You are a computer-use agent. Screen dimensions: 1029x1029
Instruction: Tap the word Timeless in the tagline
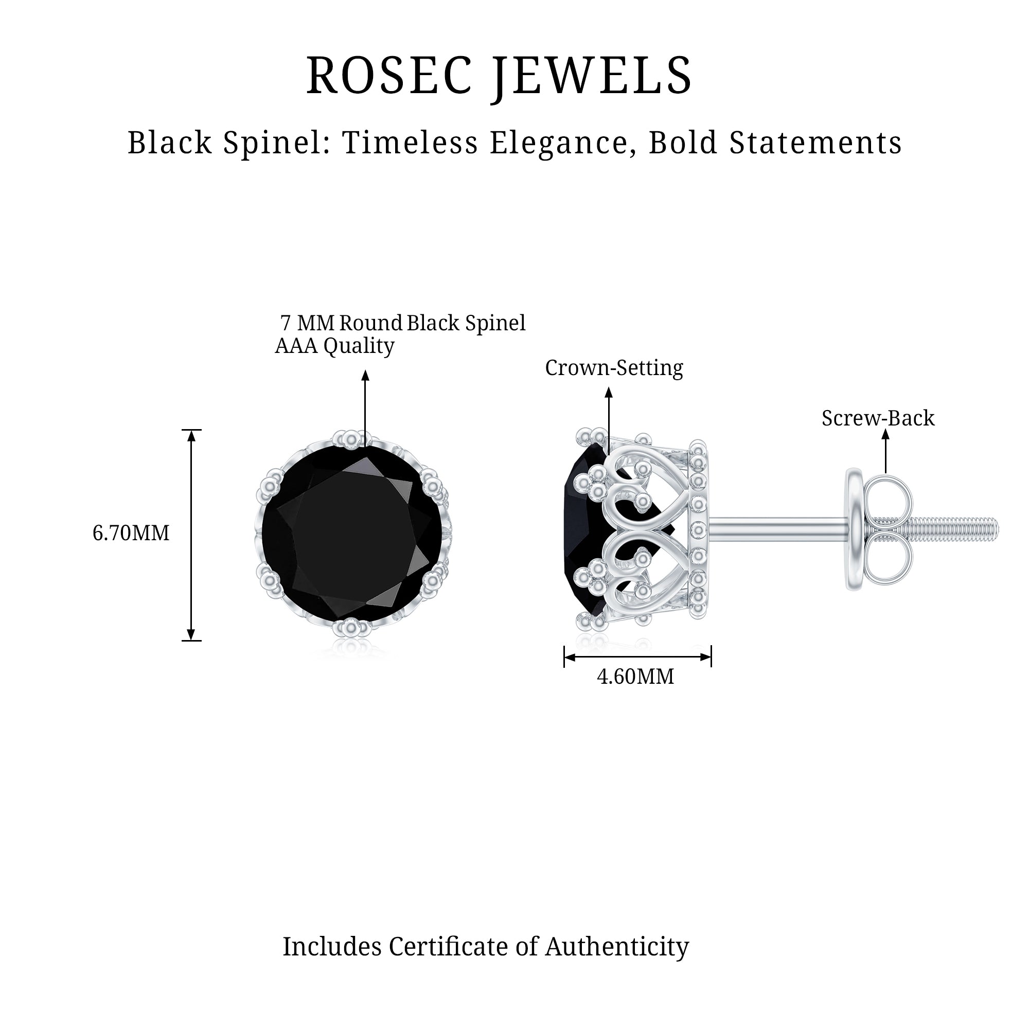[x=411, y=143]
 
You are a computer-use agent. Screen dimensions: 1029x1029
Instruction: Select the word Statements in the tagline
[x=815, y=143]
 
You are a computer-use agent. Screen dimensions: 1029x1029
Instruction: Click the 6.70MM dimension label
[x=131, y=533]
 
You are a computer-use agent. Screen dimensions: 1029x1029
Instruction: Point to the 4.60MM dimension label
[x=635, y=677]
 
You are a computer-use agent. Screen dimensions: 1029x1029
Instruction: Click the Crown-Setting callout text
[x=614, y=368]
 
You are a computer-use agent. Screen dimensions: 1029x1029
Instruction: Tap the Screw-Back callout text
[x=878, y=418]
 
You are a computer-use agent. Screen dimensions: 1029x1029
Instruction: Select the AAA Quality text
[x=334, y=346]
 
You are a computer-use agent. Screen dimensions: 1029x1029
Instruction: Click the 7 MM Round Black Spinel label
[x=403, y=323]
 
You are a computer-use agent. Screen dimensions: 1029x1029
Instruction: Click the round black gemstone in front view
[x=351, y=533]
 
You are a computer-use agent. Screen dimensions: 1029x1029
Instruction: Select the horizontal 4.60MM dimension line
[x=637, y=657]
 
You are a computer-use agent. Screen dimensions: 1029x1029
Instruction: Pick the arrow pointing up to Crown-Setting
[x=609, y=421]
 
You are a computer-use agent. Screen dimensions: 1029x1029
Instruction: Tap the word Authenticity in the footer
[x=617, y=947]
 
